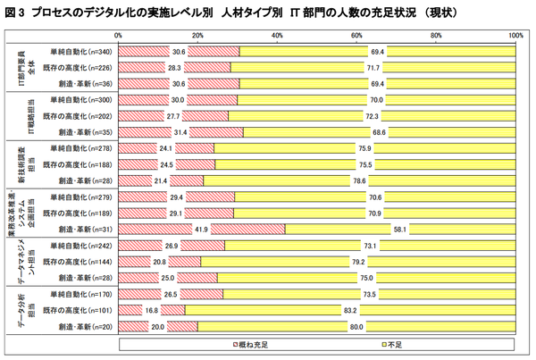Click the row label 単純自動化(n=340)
(80, 51)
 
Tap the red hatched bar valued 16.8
(134, 310)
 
